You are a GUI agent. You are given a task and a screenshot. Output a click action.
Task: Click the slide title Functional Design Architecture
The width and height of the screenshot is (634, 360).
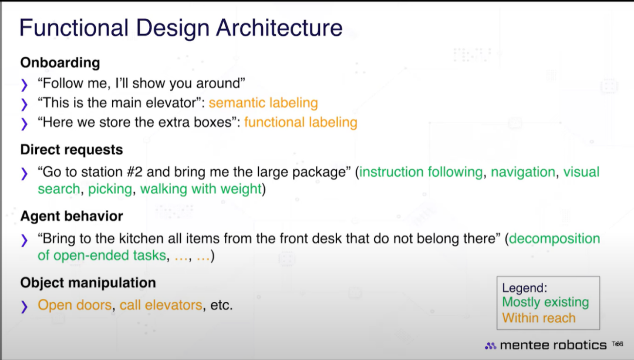coord(181,28)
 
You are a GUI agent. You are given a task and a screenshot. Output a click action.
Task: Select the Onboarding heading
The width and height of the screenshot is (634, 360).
coord(60,63)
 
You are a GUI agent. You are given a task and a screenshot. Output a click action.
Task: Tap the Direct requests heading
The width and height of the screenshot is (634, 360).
coord(72,150)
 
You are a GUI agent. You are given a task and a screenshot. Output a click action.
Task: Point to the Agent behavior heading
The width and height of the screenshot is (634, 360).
coord(72,216)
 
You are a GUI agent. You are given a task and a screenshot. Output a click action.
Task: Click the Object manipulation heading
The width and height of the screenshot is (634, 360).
coord(88,282)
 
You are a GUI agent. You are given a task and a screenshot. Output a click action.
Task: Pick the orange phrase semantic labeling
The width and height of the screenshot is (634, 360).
coord(263,103)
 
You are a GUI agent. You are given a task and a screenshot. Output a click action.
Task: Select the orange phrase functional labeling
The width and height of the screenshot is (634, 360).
coord(301,122)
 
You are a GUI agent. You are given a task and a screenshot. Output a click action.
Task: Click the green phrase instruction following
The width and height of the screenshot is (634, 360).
coord(421,172)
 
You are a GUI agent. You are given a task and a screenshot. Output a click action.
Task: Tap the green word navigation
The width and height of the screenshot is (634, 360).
coord(523,172)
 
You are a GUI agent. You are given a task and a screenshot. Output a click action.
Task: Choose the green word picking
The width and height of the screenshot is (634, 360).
coord(110,189)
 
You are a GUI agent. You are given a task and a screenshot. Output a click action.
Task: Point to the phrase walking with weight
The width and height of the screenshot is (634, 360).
coord(201,189)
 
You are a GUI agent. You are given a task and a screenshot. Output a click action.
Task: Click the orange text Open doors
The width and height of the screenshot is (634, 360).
coord(75,305)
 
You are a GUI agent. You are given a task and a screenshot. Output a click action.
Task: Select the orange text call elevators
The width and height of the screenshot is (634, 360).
coord(161,305)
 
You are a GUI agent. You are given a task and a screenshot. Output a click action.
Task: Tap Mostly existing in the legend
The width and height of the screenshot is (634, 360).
coord(545,302)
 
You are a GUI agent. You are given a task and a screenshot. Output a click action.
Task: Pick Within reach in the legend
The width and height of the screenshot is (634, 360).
coord(538,318)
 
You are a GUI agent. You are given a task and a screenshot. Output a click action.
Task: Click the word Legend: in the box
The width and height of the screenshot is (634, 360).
coord(524,288)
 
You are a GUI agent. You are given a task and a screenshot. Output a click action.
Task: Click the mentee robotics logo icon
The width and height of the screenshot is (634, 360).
coord(490,346)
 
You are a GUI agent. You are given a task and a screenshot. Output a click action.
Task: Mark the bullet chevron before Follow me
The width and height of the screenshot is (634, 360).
coord(24,85)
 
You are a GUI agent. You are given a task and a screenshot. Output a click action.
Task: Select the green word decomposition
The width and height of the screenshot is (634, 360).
coord(554,238)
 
